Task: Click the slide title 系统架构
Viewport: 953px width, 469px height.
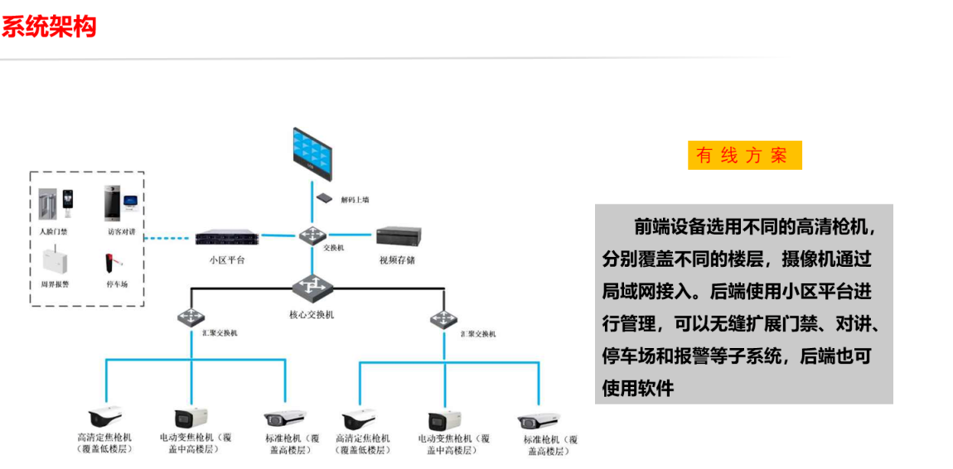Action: (x=49, y=27)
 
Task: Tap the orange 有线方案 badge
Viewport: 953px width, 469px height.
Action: (x=744, y=155)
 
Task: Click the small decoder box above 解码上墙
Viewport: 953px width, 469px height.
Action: (x=324, y=197)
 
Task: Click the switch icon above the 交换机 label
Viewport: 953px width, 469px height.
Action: (x=312, y=236)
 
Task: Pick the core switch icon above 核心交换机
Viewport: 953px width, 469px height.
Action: (x=312, y=287)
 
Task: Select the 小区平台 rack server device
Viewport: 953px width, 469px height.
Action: (x=226, y=239)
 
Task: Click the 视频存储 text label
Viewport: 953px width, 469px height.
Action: (x=397, y=260)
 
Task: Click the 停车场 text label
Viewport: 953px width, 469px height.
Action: (x=117, y=284)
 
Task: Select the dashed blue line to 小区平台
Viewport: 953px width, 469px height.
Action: (x=169, y=239)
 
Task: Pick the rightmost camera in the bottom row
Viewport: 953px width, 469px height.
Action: (x=539, y=420)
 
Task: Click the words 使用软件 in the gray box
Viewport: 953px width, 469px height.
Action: (x=638, y=387)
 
